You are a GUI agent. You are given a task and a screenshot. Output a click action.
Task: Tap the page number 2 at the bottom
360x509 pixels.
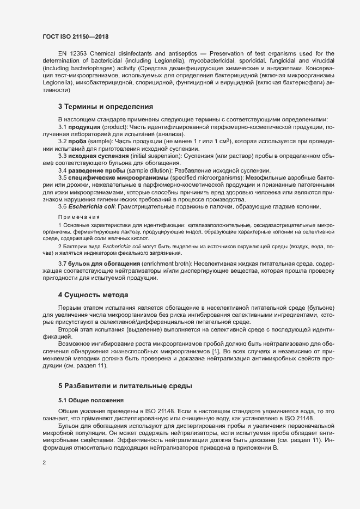tap(44, 463)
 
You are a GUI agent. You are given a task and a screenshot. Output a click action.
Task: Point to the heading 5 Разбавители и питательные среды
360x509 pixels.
tap(125, 386)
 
